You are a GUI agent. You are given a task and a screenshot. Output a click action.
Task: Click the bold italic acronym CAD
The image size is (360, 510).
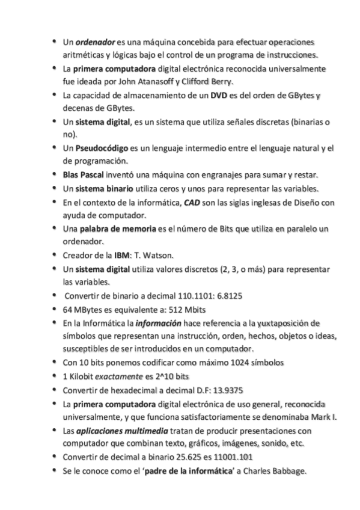(192, 201)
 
